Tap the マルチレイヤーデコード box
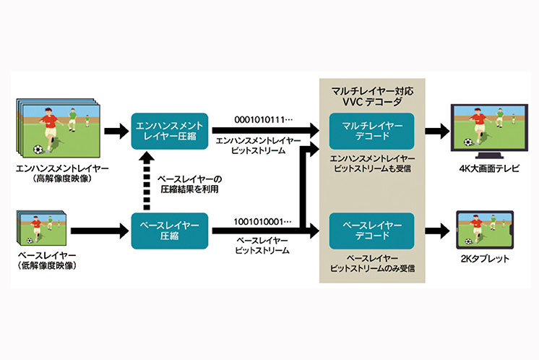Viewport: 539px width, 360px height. (x=371, y=131)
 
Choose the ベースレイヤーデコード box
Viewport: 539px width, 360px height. (x=371, y=231)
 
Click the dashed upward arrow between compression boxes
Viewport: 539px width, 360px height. (x=148, y=181)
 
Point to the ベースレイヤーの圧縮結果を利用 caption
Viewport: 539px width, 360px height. (x=189, y=183)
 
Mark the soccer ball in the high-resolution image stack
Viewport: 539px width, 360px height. (x=38, y=150)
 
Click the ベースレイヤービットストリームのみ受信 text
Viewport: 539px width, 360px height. (x=372, y=264)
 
